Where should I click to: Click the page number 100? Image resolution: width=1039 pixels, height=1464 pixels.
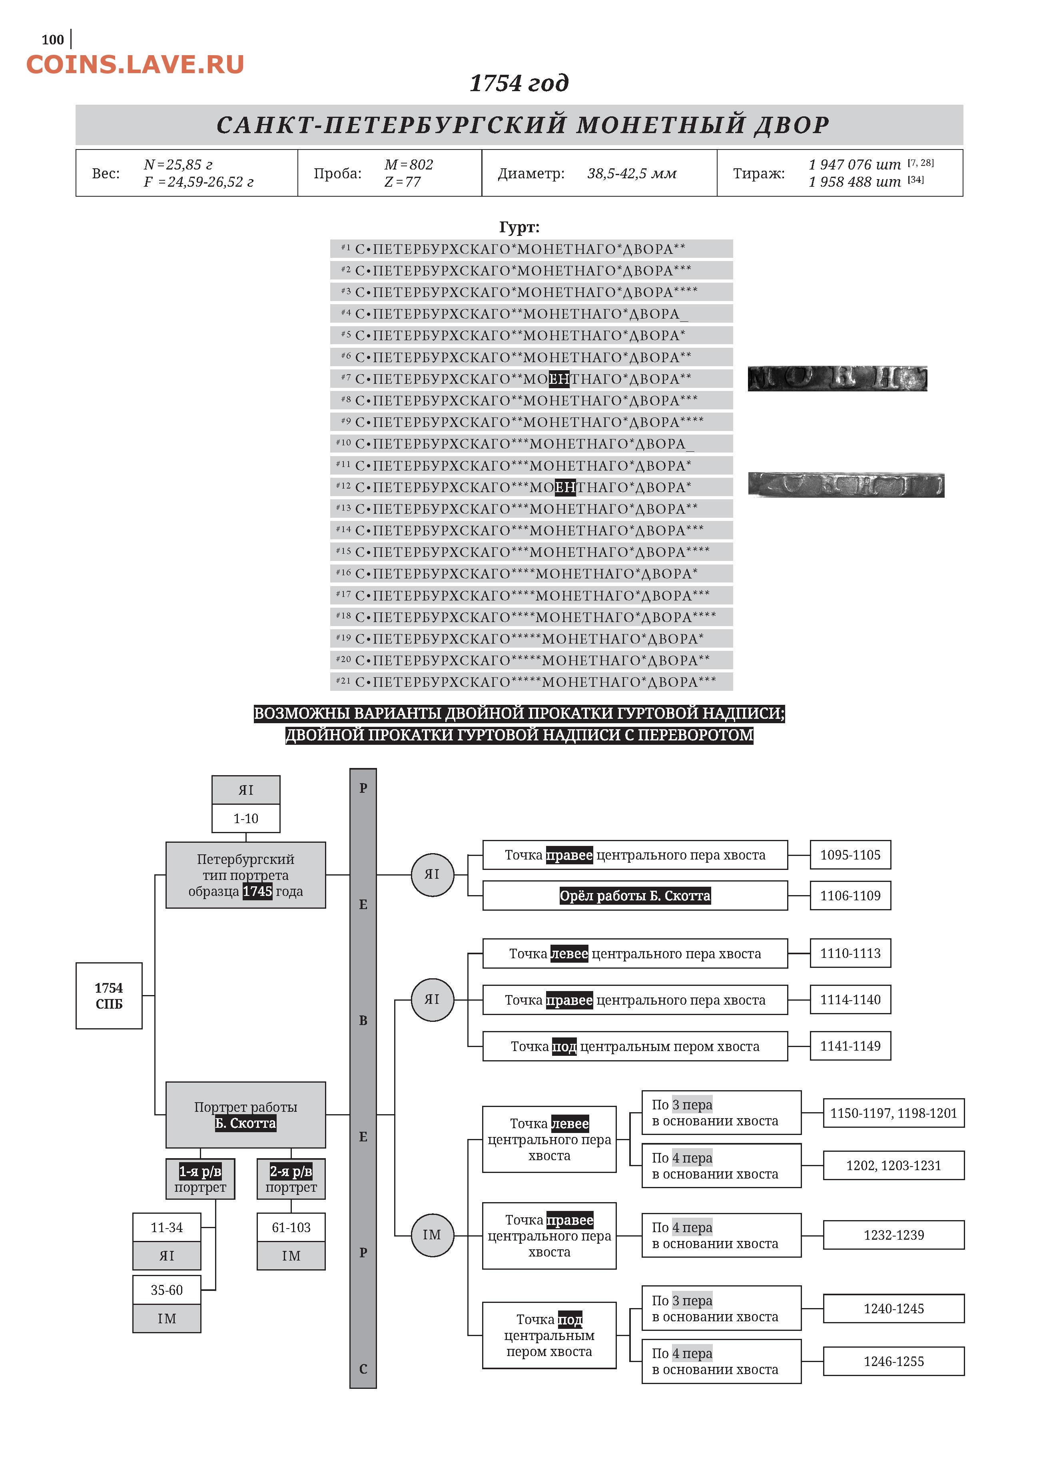[52, 40]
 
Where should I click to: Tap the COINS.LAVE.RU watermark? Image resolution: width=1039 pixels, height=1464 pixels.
[135, 65]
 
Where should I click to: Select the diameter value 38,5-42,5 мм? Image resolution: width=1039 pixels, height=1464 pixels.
[632, 174]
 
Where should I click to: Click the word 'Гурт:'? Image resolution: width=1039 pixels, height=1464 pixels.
[519, 227]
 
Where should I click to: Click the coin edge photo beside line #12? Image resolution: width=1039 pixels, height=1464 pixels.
[846, 485]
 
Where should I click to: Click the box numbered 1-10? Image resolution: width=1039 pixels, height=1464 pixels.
[246, 818]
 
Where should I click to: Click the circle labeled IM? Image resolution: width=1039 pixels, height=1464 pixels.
[432, 1235]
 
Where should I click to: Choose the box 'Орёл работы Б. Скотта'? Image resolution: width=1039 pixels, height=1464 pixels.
[635, 896]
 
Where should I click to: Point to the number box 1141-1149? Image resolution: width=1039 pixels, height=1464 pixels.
[850, 1046]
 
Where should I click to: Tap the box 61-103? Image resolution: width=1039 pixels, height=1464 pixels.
[291, 1227]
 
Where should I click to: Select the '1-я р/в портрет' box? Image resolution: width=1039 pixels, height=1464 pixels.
[200, 1179]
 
